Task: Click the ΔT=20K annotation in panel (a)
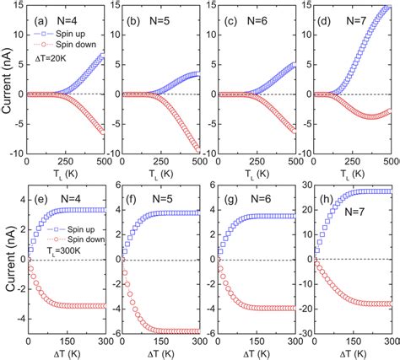pyautogui.click(x=51, y=60)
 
